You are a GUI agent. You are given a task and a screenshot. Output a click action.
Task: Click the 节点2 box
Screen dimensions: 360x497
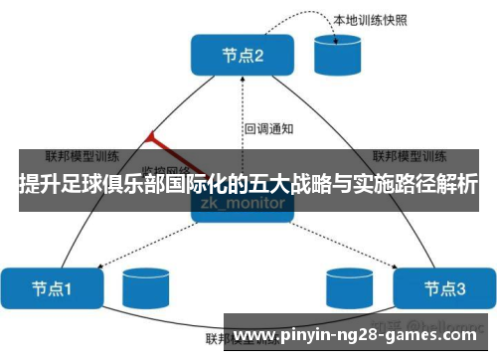pos(244,56)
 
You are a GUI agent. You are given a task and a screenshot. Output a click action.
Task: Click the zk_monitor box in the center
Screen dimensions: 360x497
pos(244,203)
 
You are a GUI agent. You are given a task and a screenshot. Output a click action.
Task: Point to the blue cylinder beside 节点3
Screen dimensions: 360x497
pos(351,289)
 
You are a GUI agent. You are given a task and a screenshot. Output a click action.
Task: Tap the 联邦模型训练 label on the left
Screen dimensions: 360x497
pos(83,156)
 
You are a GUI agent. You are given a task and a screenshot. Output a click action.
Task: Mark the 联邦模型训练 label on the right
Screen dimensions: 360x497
pos(408,156)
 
